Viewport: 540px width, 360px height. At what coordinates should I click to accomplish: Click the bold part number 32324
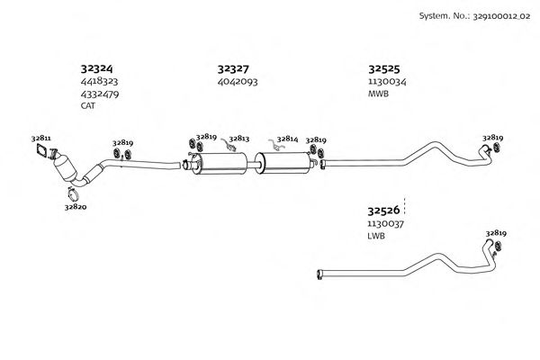[x=96, y=68]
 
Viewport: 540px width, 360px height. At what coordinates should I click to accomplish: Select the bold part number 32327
[x=233, y=69]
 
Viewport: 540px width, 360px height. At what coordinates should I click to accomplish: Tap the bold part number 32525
[x=384, y=69]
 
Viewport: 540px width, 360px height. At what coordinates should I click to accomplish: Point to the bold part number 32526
[x=383, y=210]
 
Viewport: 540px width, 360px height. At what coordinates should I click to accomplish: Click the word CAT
[x=88, y=106]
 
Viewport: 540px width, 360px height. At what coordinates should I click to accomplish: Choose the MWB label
[x=378, y=94]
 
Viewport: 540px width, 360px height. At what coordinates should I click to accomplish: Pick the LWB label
[x=376, y=236]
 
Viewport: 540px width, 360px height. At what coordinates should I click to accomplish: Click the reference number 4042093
[x=238, y=82]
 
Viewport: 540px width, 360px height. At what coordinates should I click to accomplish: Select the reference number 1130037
[x=385, y=224]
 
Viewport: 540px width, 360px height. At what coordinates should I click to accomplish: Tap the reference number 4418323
[x=99, y=81]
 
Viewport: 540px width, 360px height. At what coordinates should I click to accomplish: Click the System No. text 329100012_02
[x=501, y=16]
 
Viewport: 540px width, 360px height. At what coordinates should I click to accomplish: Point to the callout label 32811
[x=41, y=139]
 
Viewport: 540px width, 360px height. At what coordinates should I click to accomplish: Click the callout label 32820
[x=76, y=207]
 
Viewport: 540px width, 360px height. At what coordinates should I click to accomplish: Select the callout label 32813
[x=239, y=139]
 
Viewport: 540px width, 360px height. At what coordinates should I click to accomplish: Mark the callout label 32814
[x=288, y=139]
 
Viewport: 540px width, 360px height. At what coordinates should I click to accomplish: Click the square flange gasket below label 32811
[x=41, y=150]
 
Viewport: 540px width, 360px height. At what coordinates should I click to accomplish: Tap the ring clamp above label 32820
[x=73, y=194]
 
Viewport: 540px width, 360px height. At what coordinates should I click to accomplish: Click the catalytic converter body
[x=65, y=166]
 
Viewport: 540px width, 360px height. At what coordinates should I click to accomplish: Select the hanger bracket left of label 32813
[x=228, y=144]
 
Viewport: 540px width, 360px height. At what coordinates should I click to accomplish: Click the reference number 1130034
[x=387, y=82]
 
